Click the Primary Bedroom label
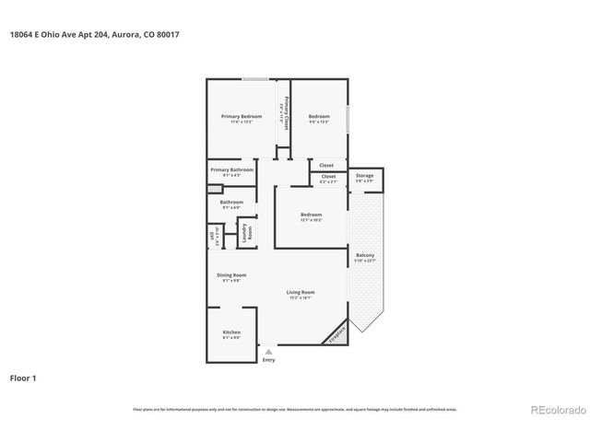pos(236,116)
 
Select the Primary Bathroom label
pos(230,170)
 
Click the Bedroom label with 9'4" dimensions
pos(319,116)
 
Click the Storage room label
pos(365,175)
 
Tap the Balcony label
pos(365,255)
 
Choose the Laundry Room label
pos(246,234)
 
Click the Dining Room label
pos(231,274)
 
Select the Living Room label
pos(301,293)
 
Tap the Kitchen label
pos(231,331)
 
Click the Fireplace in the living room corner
pos(337,332)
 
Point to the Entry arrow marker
pos(268,351)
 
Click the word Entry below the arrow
pos(268,359)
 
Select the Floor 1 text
pos(24,378)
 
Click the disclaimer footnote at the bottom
pos(294,409)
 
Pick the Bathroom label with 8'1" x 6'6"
pos(231,203)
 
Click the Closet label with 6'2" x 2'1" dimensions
pos(329,177)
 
